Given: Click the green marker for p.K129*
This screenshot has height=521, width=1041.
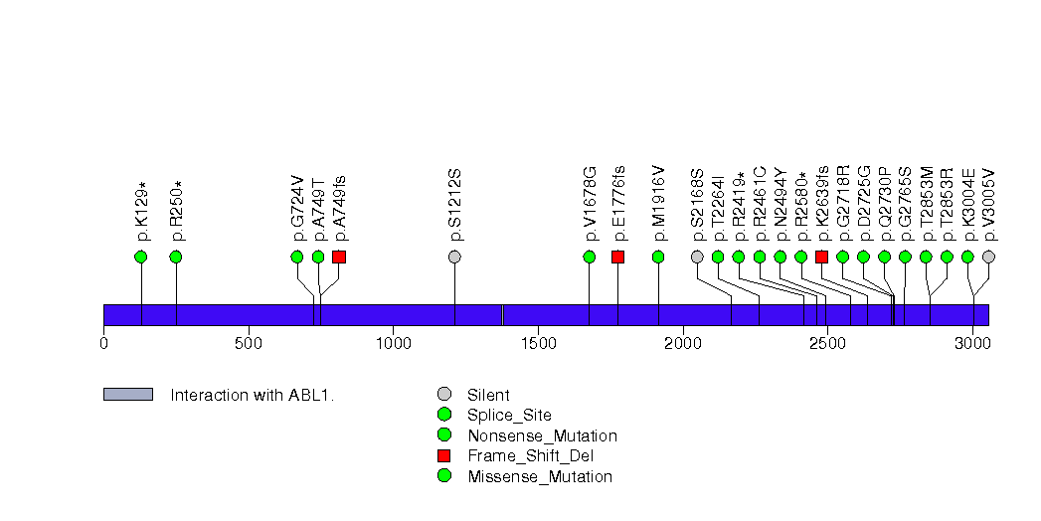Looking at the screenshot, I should [140, 257].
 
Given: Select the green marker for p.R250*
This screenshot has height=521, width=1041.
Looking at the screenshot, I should [176, 257].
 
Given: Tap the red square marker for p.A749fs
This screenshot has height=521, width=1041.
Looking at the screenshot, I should [339, 257].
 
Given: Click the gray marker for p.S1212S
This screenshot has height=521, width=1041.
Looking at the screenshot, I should [454, 257].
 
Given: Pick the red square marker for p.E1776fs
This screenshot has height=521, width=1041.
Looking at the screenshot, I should [617, 257].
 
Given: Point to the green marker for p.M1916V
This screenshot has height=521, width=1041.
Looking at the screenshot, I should [658, 257].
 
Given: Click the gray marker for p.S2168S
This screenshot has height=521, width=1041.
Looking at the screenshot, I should [697, 257].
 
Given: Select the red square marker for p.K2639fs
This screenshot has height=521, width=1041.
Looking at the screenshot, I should [821, 257].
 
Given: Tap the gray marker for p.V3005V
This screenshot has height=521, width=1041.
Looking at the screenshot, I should [988, 257].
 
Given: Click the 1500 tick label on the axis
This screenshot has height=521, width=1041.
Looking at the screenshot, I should [538, 343].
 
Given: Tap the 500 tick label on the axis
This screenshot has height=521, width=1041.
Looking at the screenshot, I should [249, 343].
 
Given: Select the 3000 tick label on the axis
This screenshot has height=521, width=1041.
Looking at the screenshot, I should [972, 343].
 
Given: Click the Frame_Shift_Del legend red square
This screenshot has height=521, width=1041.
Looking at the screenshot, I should [444, 455].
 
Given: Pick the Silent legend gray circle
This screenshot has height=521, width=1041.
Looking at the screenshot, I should [444, 394].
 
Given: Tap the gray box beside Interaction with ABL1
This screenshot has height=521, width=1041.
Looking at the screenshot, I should [128, 395].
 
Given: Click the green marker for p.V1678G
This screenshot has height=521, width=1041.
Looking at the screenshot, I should [590, 257].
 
